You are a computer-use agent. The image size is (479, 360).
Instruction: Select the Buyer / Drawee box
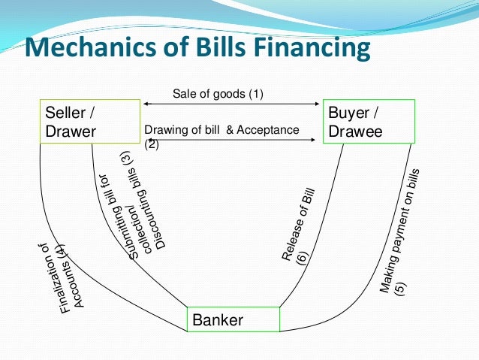coord(369,122)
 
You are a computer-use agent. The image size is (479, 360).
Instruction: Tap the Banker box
coord(233,319)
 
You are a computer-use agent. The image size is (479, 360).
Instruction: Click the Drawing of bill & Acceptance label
coord(221,131)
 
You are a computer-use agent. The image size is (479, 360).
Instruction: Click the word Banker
coord(218,320)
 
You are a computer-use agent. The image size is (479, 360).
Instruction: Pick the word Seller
coord(66,113)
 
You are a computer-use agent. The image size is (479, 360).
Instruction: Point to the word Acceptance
coord(268,131)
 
